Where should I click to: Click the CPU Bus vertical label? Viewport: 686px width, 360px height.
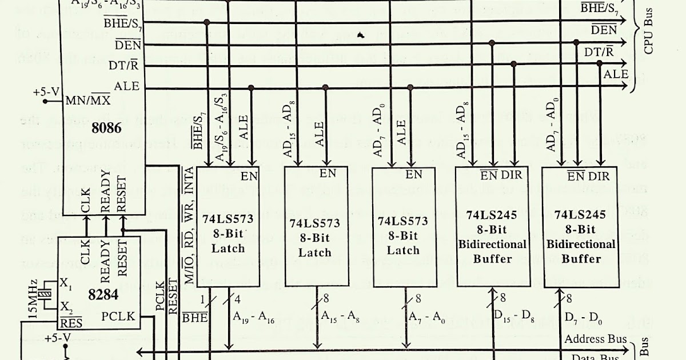click(648, 35)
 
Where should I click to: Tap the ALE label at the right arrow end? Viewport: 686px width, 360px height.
click(616, 75)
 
